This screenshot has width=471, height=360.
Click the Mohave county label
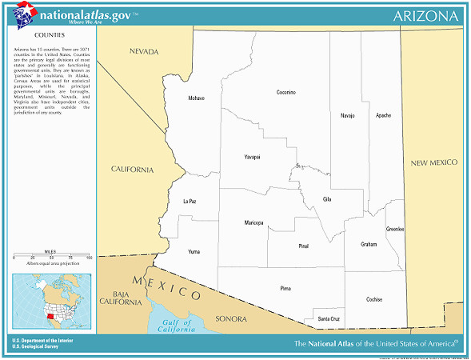click(196, 98)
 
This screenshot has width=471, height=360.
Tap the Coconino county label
click(285, 93)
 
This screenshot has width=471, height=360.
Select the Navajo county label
click(347, 115)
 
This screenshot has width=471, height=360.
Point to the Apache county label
click(384, 115)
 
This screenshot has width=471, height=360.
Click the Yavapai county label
click(252, 158)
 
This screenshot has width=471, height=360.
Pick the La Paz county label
click(190, 201)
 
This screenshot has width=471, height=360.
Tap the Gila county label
click(326, 198)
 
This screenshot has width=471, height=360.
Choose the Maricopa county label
click(253, 222)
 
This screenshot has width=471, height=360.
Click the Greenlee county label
click(395, 229)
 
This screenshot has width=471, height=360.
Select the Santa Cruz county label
click(329, 319)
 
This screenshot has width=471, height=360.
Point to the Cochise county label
click(373, 300)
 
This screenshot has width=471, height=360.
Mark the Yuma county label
click(194, 251)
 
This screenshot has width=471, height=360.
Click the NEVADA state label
click(146, 51)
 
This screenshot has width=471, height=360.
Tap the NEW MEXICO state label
click(433, 162)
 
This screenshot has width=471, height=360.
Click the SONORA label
click(231, 319)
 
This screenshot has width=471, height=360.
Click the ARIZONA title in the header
click(426, 16)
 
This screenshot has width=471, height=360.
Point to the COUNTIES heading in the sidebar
click(50, 36)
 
